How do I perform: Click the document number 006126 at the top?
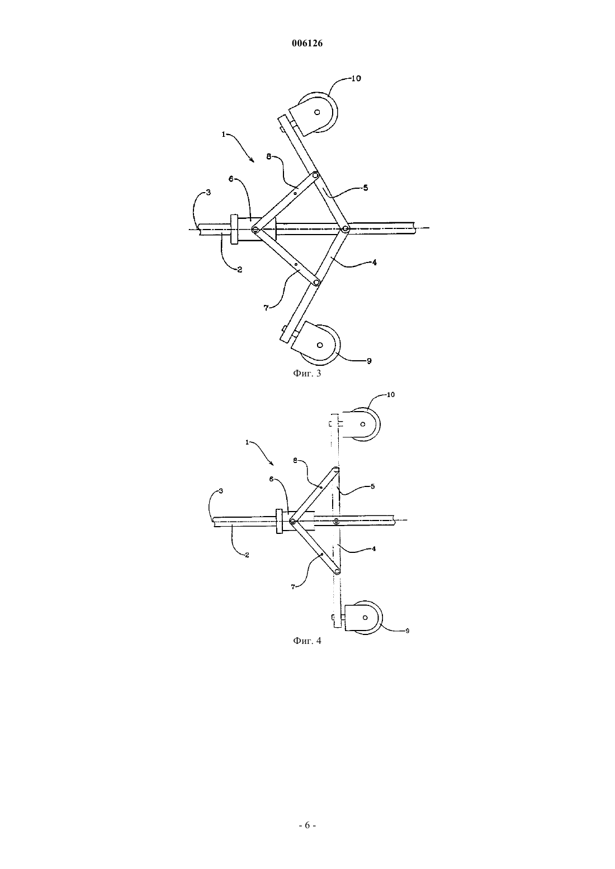tap(307, 44)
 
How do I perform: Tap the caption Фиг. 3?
tap(307, 374)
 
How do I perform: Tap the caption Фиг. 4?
tap(307, 641)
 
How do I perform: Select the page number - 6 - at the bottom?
tap(307, 825)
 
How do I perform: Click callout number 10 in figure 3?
tap(356, 78)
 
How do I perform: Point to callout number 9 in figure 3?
tap(369, 361)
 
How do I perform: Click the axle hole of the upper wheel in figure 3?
tap(317, 112)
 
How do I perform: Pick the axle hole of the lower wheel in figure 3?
tap(320, 345)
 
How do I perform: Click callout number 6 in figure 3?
tap(231, 179)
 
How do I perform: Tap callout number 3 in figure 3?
tap(208, 192)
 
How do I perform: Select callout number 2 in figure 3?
tap(239, 270)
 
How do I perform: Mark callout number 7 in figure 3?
tap(266, 308)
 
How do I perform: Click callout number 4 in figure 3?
tap(374, 262)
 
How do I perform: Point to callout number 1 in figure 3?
tap(224, 134)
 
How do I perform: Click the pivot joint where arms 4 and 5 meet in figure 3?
tap(345, 230)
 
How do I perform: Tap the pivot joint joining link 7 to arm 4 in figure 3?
tap(317, 283)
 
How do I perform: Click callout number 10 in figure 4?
tap(391, 394)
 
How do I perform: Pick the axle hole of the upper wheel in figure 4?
tap(363, 424)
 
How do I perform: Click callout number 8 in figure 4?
tap(295, 461)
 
